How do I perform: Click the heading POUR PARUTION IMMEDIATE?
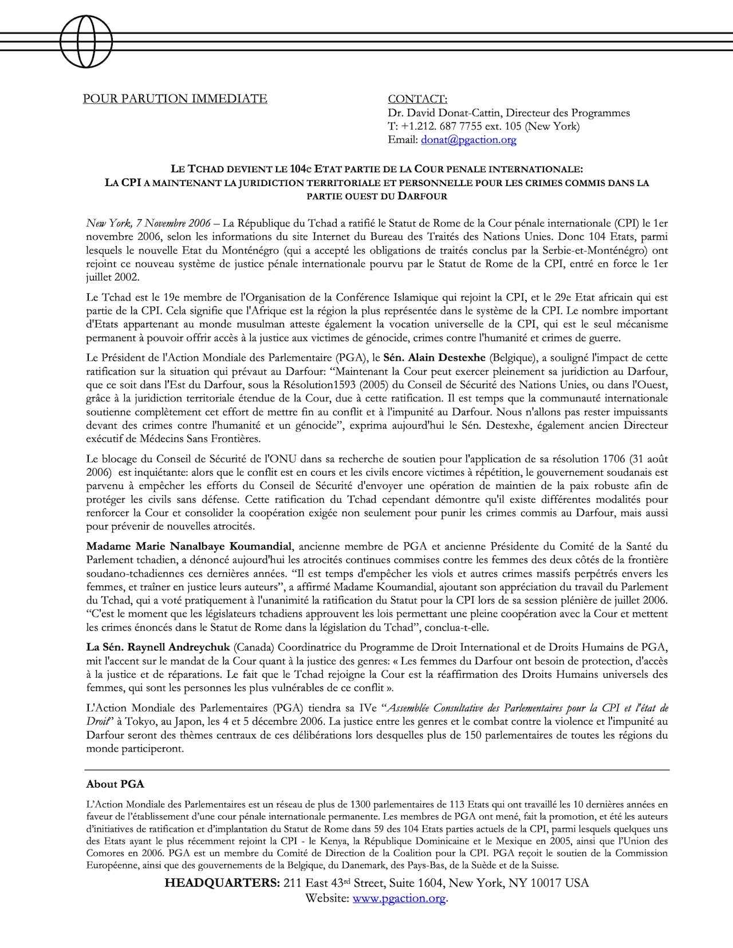pyautogui.click(x=175, y=99)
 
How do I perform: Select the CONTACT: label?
pyautogui.click(x=417, y=99)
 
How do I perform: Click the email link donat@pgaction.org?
pyautogui.click(x=468, y=140)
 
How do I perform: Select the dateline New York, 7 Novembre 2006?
pyautogui.click(x=147, y=223)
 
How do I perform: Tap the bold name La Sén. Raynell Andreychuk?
pyautogui.click(x=157, y=647)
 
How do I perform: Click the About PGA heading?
pyautogui.click(x=115, y=784)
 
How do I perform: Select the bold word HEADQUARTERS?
pyautogui.click(x=222, y=883)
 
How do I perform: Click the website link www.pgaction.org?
pyautogui.click(x=399, y=899)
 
